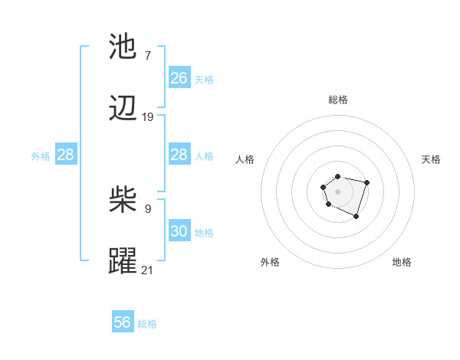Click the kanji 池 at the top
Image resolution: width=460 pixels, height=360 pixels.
(x=123, y=47)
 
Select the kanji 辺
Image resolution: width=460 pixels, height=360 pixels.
(x=123, y=110)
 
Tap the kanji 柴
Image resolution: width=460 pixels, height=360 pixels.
(x=123, y=201)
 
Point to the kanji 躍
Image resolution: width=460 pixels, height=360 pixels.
(x=123, y=261)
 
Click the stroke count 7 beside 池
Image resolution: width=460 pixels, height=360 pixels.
(x=147, y=55)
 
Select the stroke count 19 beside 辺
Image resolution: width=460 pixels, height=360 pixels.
(x=148, y=117)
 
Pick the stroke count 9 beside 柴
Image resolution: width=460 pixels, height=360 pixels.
(x=147, y=208)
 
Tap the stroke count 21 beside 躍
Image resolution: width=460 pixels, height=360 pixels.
(x=148, y=270)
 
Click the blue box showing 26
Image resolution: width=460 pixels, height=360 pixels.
(x=179, y=78)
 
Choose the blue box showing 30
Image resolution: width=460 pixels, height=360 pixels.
(x=179, y=231)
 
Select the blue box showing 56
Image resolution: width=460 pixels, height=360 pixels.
(x=123, y=322)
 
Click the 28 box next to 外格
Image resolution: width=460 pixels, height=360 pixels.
(x=66, y=155)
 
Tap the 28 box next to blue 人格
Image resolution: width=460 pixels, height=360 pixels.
(x=179, y=155)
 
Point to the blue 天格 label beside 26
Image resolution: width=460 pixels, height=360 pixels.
(x=204, y=79)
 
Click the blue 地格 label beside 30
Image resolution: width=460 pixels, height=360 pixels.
(x=204, y=232)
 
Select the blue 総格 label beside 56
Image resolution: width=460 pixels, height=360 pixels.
(x=147, y=324)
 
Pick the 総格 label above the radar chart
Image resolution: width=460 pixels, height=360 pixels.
(x=337, y=100)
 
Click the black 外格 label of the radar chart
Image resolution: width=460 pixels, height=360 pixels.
(x=270, y=262)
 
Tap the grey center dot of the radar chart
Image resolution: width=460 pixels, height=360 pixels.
(x=337, y=190)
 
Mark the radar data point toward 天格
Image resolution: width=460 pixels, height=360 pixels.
(x=367, y=182)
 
